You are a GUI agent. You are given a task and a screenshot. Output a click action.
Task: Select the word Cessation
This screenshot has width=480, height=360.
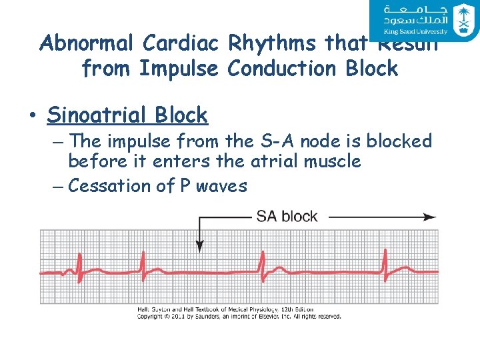(x=106, y=186)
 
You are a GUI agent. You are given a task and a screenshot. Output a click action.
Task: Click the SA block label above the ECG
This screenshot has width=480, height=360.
(x=287, y=216)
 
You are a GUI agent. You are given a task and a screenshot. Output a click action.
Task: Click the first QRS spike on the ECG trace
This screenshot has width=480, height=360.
(x=80, y=263)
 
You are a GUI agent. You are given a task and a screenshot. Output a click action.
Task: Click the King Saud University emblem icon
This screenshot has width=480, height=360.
(x=462, y=19)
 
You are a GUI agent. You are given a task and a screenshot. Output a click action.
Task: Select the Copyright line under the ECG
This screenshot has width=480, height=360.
(x=239, y=316)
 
